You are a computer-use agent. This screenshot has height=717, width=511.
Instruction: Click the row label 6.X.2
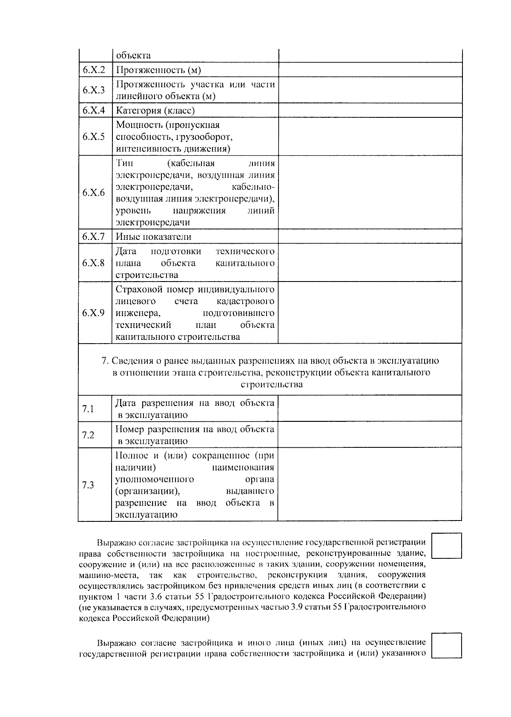click(x=94, y=70)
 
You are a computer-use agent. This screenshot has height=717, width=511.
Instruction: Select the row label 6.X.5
click(x=94, y=137)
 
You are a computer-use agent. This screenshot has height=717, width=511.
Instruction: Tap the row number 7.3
click(x=88, y=485)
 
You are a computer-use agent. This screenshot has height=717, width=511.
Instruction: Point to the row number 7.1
click(x=88, y=409)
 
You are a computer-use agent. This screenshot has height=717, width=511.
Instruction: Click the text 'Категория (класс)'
click(x=155, y=111)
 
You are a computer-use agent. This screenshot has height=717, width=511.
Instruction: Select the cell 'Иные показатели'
click(x=154, y=237)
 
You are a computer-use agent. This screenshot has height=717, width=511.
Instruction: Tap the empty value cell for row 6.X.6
click(x=370, y=193)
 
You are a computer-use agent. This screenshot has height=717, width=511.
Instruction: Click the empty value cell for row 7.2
click(x=370, y=435)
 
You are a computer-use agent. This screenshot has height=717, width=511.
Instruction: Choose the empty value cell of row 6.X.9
click(x=370, y=313)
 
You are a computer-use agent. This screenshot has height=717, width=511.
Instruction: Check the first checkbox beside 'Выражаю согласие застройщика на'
click(x=447, y=546)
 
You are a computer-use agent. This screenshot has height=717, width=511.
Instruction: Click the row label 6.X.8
click(x=94, y=262)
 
